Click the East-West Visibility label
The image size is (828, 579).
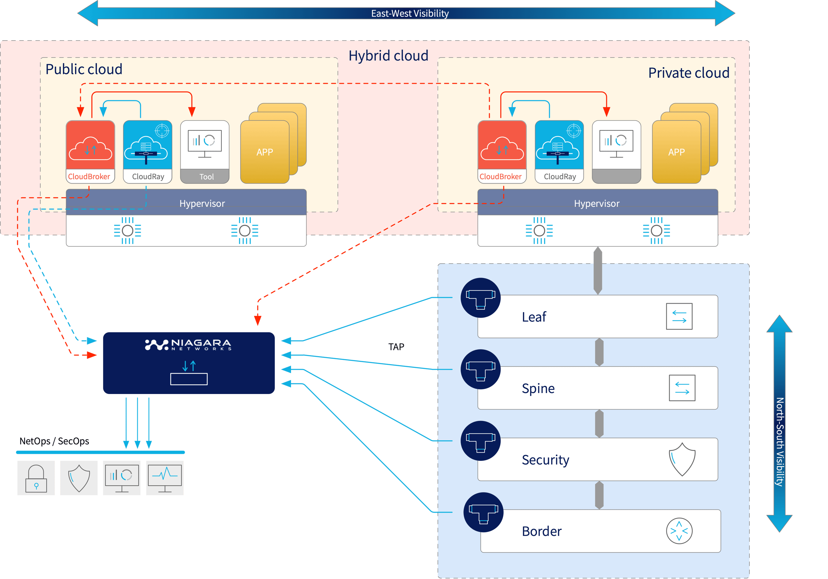[x=410, y=14]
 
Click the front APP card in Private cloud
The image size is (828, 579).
[x=676, y=152]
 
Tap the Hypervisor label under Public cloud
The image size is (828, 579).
[x=202, y=203]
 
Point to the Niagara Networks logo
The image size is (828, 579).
[x=188, y=345]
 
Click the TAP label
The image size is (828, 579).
[x=396, y=347]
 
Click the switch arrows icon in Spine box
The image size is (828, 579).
[x=682, y=388]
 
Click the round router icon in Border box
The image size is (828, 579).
[x=679, y=531]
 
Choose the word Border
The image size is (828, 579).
[x=541, y=531]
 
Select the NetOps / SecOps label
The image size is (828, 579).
[x=54, y=441]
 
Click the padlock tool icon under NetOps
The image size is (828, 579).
[x=36, y=478]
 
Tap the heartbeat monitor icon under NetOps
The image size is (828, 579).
[x=165, y=478]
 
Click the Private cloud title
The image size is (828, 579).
[x=688, y=73]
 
